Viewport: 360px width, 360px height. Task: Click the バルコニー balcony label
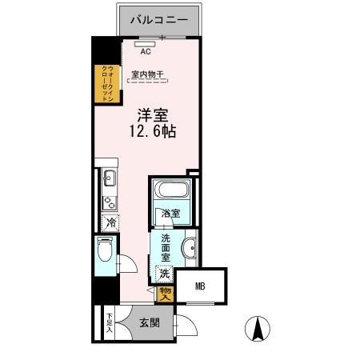(x=161, y=17)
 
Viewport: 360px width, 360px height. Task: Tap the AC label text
(x=145, y=51)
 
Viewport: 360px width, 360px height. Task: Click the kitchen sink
(x=110, y=178)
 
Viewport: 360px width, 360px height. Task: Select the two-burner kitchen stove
(x=110, y=198)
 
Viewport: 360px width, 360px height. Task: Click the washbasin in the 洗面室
(x=190, y=249)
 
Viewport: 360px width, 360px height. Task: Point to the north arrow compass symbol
(x=258, y=329)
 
